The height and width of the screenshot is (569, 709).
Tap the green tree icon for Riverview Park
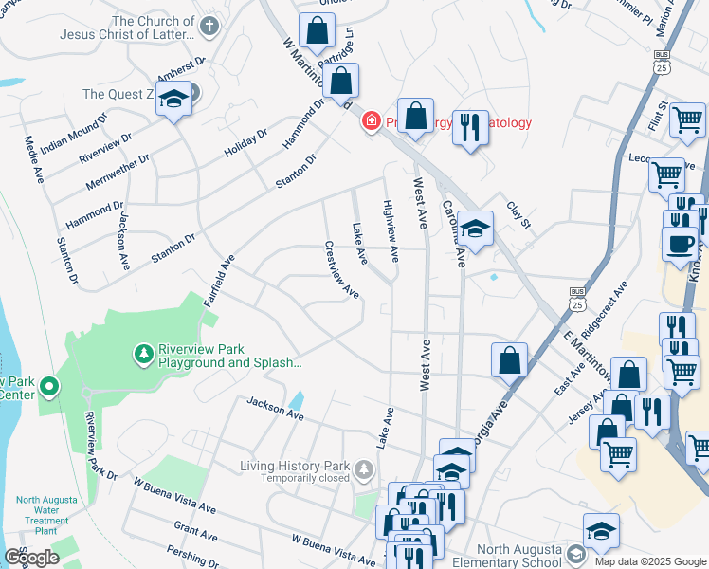pos(143,354)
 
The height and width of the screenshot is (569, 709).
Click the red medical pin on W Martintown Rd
pos(371,121)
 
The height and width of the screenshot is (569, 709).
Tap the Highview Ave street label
pos(391,230)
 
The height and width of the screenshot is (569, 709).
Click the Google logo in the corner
pos(31,558)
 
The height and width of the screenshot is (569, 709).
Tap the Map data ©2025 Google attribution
pos(649,561)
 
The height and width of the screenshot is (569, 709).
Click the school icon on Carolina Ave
pos(477,228)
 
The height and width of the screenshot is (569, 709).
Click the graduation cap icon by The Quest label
pos(174,100)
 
